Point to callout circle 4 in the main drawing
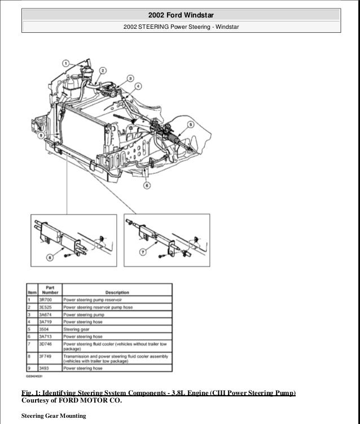coord(138,86)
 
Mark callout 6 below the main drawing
coord(147,185)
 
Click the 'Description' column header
coord(116,292)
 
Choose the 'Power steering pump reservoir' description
coord(93,299)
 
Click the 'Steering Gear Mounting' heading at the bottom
coord(54,416)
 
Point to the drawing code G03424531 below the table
coord(37,375)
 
